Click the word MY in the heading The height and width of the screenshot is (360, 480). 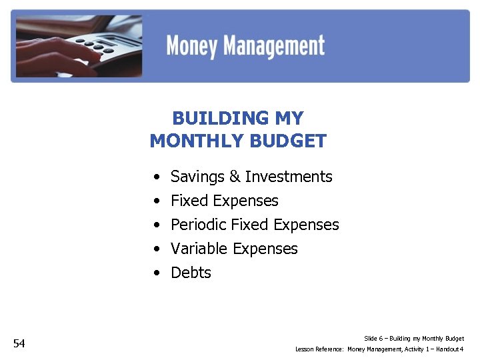pyautogui.click(x=288, y=119)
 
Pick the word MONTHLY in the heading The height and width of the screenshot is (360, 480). pyautogui.click(x=197, y=141)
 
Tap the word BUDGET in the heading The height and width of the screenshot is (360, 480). pyautogui.click(x=291, y=141)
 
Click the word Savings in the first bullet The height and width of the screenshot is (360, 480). pyautogui.click(x=197, y=177)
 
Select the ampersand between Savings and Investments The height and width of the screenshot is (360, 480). pyautogui.click(x=235, y=177)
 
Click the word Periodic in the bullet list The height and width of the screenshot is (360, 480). pyautogui.click(x=199, y=225)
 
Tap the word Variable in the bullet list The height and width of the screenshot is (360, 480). pyautogui.click(x=199, y=249)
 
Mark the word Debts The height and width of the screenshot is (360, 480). pyautogui.click(x=191, y=273)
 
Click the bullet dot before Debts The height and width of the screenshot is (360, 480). pyautogui.click(x=155, y=273)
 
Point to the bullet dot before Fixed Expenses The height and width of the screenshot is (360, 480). pyautogui.click(x=155, y=201)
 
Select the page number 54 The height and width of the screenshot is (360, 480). pyautogui.click(x=19, y=343)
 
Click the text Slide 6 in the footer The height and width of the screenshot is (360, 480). pyautogui.click(x=374, y=339)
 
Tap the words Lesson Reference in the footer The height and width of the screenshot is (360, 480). pyautogui.click(x=319, y=349)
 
